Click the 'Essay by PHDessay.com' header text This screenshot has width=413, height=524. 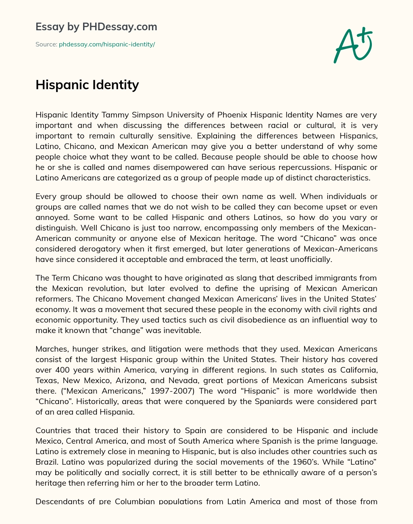click(x=96, y=27)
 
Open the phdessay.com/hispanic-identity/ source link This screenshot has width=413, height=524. click(x=107, y=44)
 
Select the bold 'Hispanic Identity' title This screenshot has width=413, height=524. click(x=87, y=85)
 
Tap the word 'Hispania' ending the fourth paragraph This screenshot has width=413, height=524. click(x=127, y=412)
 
